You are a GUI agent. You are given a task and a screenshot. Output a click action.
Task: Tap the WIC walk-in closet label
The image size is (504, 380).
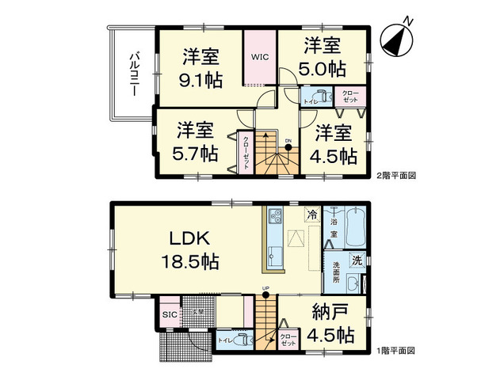(x=261, y=57)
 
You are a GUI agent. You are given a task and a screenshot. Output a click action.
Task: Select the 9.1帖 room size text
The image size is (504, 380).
(x=201, y=78)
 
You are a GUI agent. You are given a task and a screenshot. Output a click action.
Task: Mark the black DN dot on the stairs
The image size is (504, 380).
(x=288, y=146)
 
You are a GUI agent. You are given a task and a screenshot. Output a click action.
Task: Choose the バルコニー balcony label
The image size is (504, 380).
(x=135, y=73)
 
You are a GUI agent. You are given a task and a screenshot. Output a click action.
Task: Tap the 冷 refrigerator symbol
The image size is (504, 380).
(x=312, y=213)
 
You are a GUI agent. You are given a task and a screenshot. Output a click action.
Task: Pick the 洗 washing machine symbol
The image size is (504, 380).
(x=357, y=260)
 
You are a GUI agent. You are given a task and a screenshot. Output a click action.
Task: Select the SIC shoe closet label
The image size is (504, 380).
(x=169, y=314)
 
